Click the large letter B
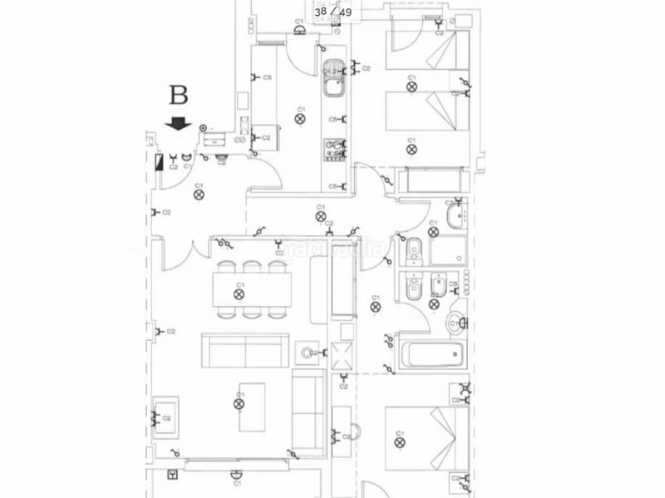177,94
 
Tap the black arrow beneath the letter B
178,124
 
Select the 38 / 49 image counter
332,12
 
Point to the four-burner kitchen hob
334,149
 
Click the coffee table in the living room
252,407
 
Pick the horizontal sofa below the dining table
246,352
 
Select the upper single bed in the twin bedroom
421,54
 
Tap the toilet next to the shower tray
413,248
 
